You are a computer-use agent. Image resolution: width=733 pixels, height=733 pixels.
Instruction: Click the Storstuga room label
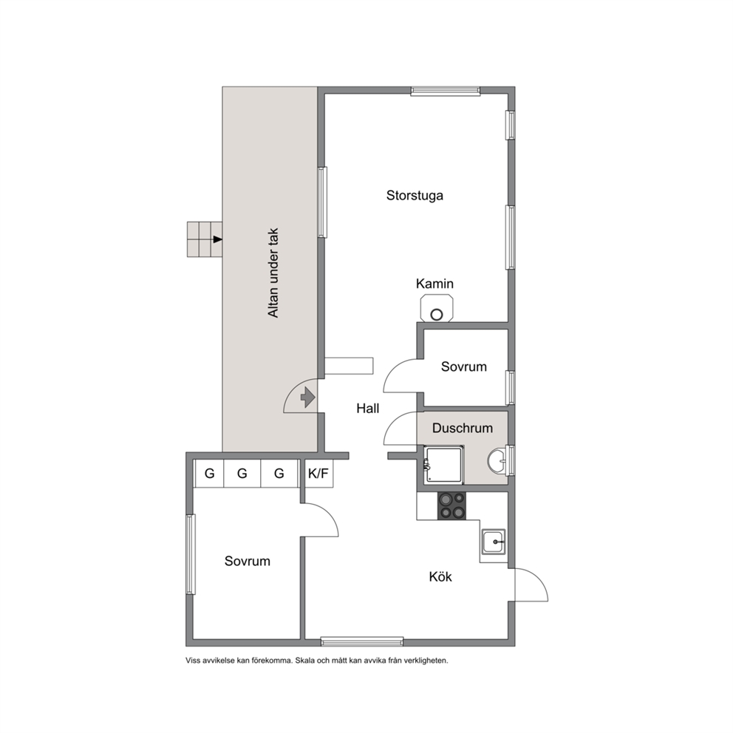coord(415,195)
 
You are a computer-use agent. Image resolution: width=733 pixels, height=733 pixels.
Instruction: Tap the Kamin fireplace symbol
coord(437,309)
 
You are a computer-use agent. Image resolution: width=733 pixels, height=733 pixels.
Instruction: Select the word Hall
coord(367,409)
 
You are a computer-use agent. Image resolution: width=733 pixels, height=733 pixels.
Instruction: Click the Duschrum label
coord(463,428)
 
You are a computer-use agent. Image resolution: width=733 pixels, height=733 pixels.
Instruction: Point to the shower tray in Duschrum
coord(443,465)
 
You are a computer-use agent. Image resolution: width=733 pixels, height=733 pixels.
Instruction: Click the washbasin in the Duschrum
coord(496,460)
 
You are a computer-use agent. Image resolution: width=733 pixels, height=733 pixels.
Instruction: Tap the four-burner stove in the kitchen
coord(452,506)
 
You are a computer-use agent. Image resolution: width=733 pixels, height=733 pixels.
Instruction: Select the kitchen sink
coord(493,542)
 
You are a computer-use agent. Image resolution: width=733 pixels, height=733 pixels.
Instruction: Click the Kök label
coord(440,577)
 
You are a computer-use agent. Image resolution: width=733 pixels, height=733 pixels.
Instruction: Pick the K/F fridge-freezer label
coord(318,474)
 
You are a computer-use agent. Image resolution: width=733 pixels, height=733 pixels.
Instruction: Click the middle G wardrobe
coord(242,474)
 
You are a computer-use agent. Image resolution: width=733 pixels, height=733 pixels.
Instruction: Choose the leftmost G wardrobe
coord(209,474)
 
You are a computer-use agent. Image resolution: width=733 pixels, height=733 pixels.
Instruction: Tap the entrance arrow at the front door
coord(307,398)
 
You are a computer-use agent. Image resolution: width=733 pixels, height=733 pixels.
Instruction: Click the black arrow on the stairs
coord(217,239)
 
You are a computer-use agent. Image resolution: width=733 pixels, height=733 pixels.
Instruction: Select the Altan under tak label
coord(273,273)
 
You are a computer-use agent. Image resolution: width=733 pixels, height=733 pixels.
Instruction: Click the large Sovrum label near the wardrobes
coord(248,561)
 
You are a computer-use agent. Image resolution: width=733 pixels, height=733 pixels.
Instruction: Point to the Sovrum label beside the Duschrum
coord(464,366)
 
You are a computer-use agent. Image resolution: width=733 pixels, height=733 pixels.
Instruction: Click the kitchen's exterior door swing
coord(531,584)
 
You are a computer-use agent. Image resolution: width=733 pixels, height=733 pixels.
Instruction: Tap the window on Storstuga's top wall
coord(446,91)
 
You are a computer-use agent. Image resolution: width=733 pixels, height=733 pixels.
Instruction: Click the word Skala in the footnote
coord(304,661)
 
